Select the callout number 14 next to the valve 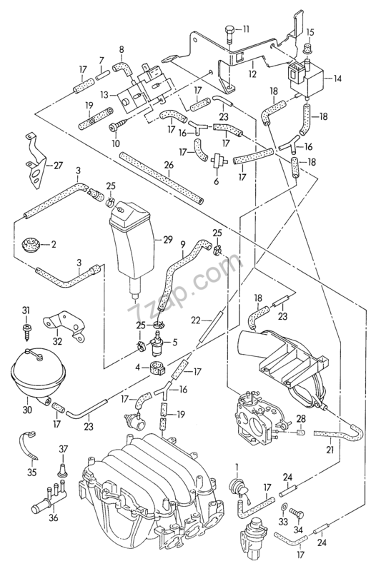click(338, 80)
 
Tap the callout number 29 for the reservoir click(168, 238)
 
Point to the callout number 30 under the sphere click(27, 410)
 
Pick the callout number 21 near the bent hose click(330, 450)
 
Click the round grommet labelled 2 click(31, 244)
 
